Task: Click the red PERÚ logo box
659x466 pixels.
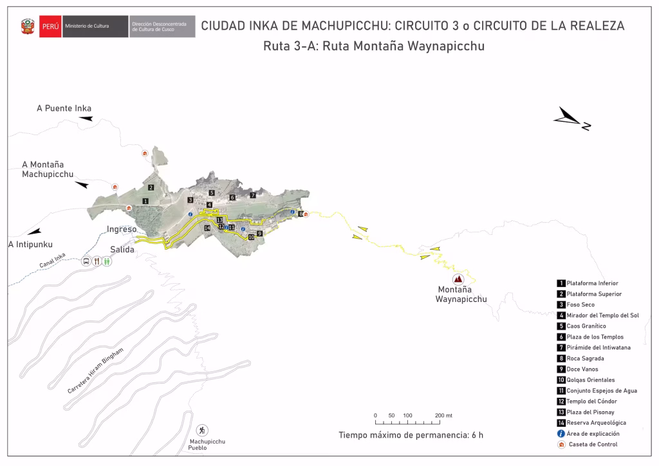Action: [50, 26]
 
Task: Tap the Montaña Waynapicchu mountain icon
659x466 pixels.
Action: [458, 279]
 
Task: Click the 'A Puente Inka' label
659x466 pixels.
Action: [64, 108]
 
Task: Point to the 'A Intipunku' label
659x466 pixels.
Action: [30, 244]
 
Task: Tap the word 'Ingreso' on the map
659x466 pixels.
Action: [122, 228]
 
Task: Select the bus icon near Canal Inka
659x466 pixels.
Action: [86, 261]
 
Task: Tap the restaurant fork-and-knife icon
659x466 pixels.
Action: [97, 261]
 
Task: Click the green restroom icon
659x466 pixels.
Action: [107, 261]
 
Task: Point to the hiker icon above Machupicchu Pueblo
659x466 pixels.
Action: [203, 429]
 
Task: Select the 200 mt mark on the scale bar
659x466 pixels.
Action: [443, 416]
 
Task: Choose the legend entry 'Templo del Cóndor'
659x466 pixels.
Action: [591, 402]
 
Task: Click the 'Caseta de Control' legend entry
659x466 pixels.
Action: [591, 444]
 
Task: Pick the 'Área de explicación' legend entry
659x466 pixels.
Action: [593, 434]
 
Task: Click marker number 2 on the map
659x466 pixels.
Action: [150, 187]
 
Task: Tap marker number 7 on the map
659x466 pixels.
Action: [253, 194]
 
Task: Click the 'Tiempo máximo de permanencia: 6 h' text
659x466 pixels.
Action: [411, 435]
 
